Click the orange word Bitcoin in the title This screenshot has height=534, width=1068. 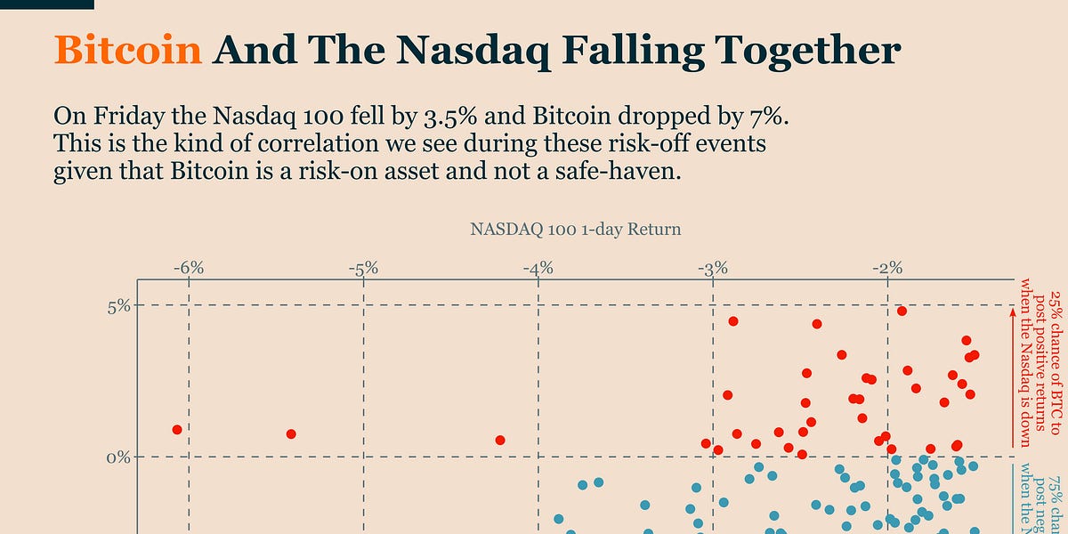coord(128,50)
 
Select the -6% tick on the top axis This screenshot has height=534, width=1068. coord(188,268)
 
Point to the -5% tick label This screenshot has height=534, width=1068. coord(363,268)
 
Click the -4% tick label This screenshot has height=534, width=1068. coord(538,268)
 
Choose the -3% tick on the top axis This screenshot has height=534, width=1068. coord(713,268)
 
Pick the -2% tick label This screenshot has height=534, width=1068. coord(887,268)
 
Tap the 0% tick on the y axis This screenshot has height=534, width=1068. coord(119,457)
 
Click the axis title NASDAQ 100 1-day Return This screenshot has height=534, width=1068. coord(575,230)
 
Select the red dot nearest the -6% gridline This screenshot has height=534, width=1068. coord(177,430)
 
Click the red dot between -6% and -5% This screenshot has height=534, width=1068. coord(291,434)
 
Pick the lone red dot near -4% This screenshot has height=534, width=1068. coord(500,441)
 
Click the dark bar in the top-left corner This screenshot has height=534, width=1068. coord(46,4)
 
